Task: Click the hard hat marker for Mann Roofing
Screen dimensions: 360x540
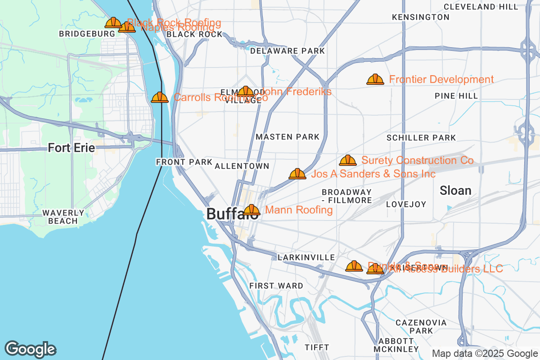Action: (x=252, y=210)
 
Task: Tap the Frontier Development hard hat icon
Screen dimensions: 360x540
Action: (x=375, y=80)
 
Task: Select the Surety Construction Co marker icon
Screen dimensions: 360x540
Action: (x=347, y=160)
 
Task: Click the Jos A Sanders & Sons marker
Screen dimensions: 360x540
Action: (x=297, y=174)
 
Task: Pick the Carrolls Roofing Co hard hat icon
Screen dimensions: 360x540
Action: (x=160, y=97)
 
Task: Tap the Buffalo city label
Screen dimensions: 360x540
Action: (x=232, y=214)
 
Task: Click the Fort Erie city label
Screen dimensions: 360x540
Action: (x=71, y=148)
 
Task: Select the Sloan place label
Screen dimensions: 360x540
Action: (x=455, y=190)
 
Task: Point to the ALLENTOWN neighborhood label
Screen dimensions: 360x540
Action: (x=242, y=166)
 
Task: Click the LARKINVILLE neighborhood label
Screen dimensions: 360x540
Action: (x=306, y=257)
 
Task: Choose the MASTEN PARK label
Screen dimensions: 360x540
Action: (x=287, y=137)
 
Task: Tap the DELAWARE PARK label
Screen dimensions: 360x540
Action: (x=287, y=51)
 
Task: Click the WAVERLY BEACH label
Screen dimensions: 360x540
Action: (x=63, y=216)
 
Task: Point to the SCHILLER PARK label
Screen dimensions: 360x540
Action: (x=421, y=138)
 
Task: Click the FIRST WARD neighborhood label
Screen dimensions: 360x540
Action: (x=276, y=285)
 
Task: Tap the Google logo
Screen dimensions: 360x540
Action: (x=31, y=349)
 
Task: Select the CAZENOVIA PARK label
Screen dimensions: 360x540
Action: (x=421, y=327)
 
